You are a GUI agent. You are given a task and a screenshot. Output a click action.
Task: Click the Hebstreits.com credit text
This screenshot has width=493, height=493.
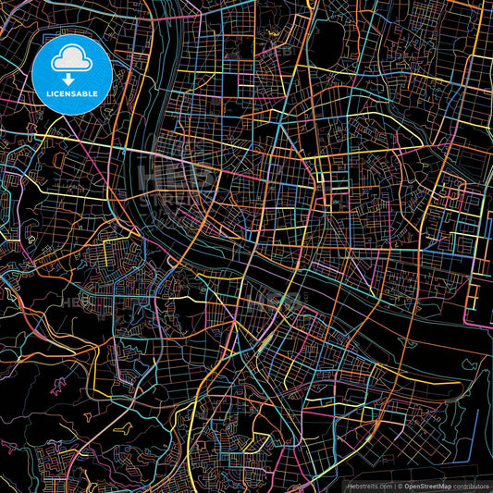tap(369, 486)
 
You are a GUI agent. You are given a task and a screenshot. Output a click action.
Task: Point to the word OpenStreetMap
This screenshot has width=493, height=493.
tap(426, 486)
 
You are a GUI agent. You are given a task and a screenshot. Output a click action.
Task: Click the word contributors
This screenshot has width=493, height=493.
tap(470, 486)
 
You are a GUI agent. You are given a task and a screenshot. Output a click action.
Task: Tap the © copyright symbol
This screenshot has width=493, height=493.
tap(401, 486)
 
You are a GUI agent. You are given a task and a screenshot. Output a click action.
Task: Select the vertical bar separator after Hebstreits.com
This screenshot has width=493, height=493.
tap(394, 486)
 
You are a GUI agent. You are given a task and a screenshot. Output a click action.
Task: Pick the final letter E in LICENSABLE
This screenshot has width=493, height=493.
tap(96, 92)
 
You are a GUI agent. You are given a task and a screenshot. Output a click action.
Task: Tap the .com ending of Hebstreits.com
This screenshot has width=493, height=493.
tap(384, 486)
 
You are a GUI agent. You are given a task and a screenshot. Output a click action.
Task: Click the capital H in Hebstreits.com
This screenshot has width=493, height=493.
tap(349, 486)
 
